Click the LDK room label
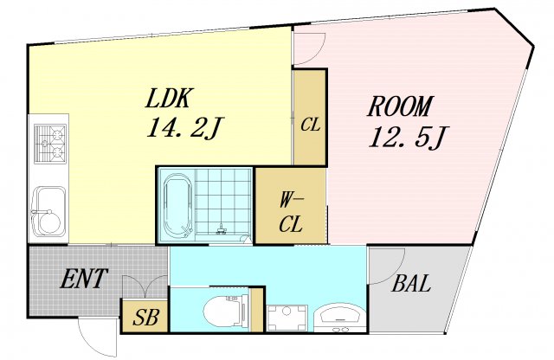[170, 98]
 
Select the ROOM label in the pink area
[400, 106]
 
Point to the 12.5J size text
[409, 137]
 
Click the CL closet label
[311, 125]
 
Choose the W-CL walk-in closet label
[291, 214]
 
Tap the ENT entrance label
[84, 279]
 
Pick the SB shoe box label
[145, 318]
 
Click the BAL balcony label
[412, 283]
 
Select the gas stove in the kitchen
[50, 144]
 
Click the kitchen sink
[48, 211]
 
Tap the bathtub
[178, 206]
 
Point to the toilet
[227, 310]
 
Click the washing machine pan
[287, 318]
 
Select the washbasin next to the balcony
[340, 317]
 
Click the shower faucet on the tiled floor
[222, 229]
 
